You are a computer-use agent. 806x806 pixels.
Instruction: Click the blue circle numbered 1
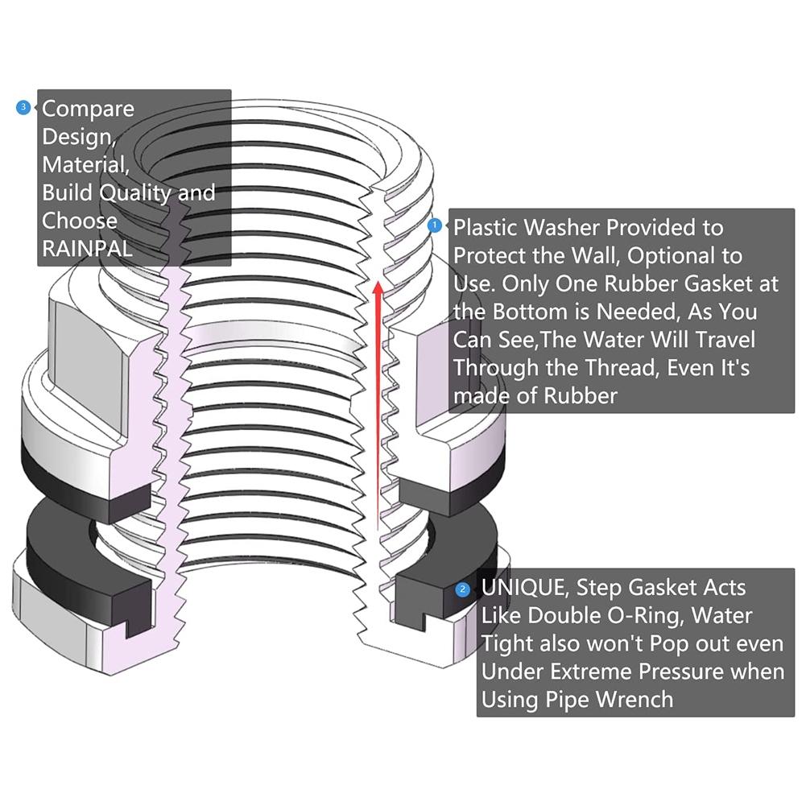pos(434,225)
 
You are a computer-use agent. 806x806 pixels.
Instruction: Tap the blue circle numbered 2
pos(463,589)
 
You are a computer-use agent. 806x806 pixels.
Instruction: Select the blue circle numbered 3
pos(23,107)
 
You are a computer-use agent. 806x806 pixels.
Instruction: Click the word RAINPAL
pos(88,249)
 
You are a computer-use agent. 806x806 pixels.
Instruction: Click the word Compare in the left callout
pos(88,110)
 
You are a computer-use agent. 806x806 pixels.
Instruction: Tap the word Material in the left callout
pos(85,165)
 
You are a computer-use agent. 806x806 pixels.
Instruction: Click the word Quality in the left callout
pos(135,193)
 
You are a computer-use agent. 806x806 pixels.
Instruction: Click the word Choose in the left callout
pos(80,221)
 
